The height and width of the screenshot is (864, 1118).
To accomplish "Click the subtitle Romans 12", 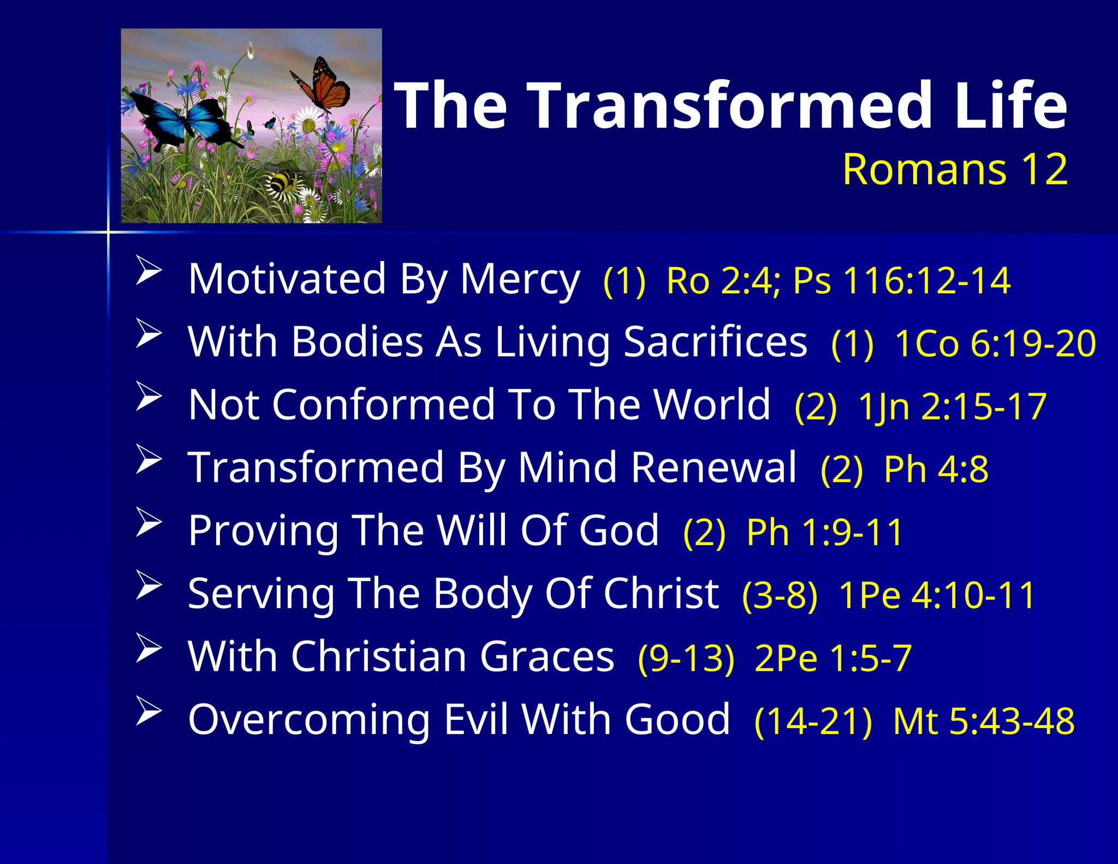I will coord(955,169).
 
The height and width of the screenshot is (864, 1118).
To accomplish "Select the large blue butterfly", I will coord(180,117).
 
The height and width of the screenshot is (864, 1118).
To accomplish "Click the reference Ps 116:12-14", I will coord(901,281).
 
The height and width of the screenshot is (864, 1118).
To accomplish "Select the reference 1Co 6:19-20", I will coord(995,344).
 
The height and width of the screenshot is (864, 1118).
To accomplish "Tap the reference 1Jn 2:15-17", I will coord(952,407).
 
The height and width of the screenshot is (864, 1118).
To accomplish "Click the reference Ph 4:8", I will coord(936,469).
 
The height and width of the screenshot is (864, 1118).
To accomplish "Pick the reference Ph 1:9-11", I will coord(824,532).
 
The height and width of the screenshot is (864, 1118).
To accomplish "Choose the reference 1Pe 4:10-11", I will coord(937,595).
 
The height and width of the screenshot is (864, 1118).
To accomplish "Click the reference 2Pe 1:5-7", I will coord(832,658).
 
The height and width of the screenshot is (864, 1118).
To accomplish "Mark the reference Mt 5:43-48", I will coord(983,721).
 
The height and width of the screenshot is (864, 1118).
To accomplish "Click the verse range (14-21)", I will coord(813,721).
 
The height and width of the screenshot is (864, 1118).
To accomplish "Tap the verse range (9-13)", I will coord(686,658).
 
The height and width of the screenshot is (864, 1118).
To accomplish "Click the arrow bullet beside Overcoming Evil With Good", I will coord(148,711).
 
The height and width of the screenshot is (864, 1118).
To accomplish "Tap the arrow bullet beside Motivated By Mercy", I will coord(148,270).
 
